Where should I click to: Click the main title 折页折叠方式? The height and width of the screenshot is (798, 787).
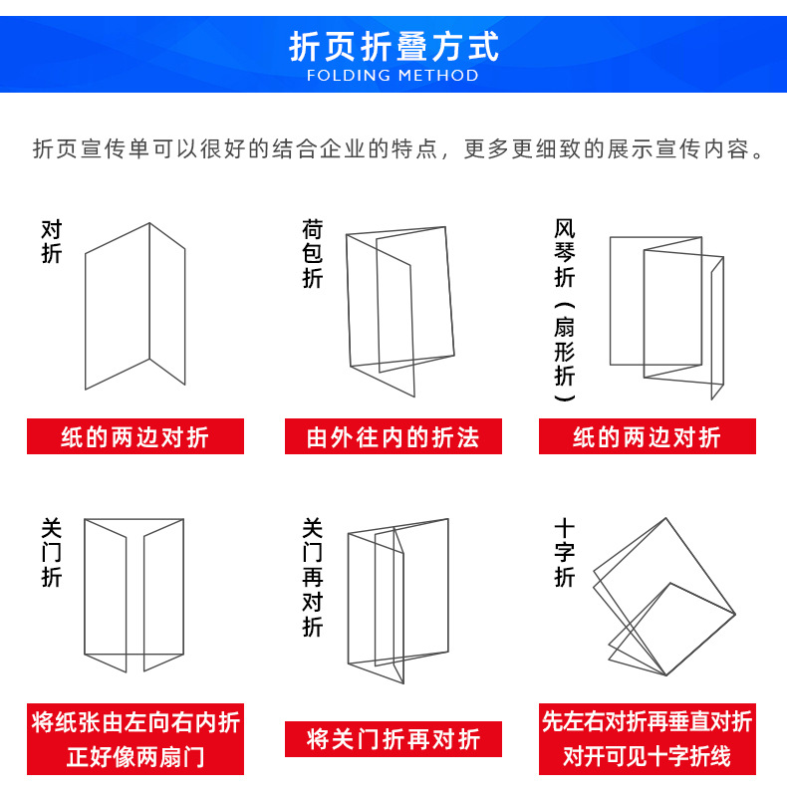click(x=393, y=46)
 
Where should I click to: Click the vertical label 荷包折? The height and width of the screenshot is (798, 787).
click(x=313, y=255)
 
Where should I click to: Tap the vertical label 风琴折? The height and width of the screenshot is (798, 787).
click(x=565, y=254)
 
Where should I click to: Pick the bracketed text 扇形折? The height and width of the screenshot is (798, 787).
click(x=565, y=353)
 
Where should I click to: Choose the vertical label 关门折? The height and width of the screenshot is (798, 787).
click(x=52, y=552)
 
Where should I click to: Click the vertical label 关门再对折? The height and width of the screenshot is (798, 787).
click(x=313, y=577)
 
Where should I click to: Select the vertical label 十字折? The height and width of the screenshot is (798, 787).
click(x=565, y=553)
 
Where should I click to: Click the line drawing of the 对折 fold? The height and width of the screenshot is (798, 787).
click(x=135, y=305)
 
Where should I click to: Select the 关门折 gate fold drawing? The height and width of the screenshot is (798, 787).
click(x=134, y=594)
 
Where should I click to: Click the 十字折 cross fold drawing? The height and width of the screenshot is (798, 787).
click(x=662, y=598)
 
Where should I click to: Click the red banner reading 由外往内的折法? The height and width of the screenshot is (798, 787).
click(x=393, y=437)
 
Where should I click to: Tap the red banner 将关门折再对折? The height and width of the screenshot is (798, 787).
click(x=393, y=739)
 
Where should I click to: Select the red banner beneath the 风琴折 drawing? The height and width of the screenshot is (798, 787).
click(x=648, y=437)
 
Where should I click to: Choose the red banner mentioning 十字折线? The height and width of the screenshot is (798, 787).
click(x=648, y=740)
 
